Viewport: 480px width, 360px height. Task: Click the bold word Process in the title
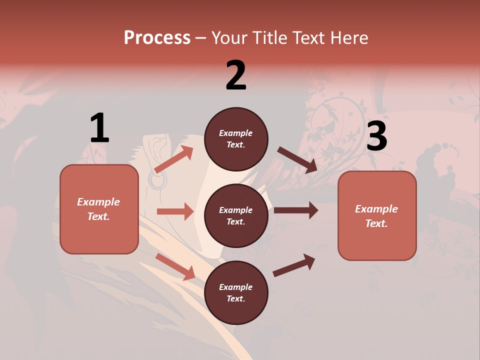[157, 38]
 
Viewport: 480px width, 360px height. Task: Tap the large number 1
[99, 128]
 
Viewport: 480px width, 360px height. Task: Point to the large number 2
[236, 75]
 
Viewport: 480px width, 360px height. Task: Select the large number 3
[377, 136]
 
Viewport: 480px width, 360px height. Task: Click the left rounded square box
[99, 209]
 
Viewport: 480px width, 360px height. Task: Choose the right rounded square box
[377, 216]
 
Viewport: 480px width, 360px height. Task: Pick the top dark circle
[236, 139]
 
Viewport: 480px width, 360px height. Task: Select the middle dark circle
[236, 216]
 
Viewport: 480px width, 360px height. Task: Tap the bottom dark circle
[236, 293]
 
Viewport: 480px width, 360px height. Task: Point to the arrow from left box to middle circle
[175, 211]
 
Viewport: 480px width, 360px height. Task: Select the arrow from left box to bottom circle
[175, 266]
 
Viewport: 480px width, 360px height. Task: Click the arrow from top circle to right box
[297, 160]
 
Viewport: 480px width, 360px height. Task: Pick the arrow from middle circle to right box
[296, 210]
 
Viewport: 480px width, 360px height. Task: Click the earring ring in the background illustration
[157, 180]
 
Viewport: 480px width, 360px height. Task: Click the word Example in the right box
[376, 209]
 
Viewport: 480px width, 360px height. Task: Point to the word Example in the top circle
[236, 133]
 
